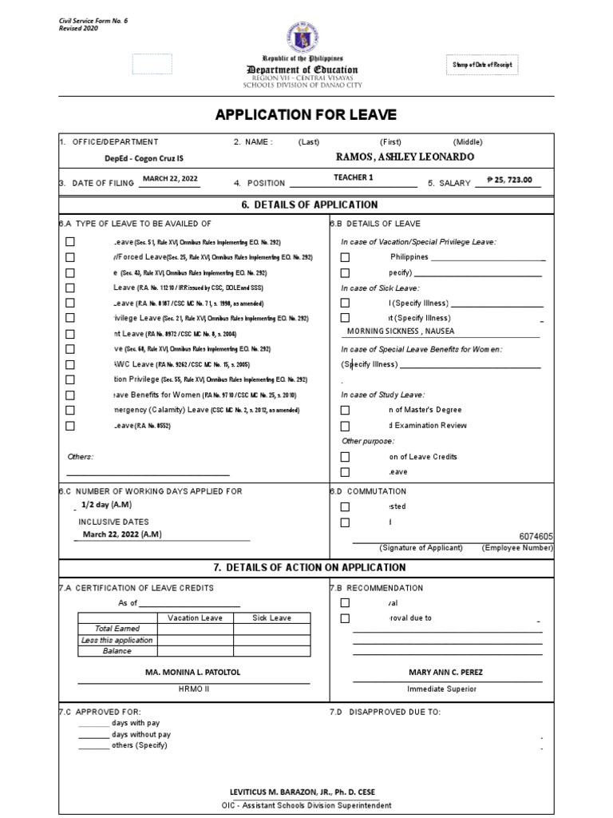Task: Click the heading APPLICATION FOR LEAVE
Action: pyautogui.click(x=306, y=114)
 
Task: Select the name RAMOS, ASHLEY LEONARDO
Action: pyautogui.click(x=405, y=157)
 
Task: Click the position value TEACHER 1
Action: pyautogui.click(x=353, y=177)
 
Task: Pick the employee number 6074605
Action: pyautogui.click(x=536, y=538)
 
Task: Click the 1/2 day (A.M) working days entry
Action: pyautogui.click(x=106, y=506)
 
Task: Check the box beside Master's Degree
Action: pyautogui.click(x=345, y=410)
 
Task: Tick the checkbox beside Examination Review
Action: pyautogui.click(x=345, y=426)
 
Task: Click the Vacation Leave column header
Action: pyautogui.click(x=195, y=617)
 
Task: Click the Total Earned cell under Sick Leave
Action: pyautogui.click(x=271, y=629)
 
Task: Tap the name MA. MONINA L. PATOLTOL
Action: pyautogui.click(x=192, y=673)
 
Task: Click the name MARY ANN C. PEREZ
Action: pyautogui.click(x=445, y=673)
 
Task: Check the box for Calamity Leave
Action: pyautogui.click(x=70, y=411)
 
